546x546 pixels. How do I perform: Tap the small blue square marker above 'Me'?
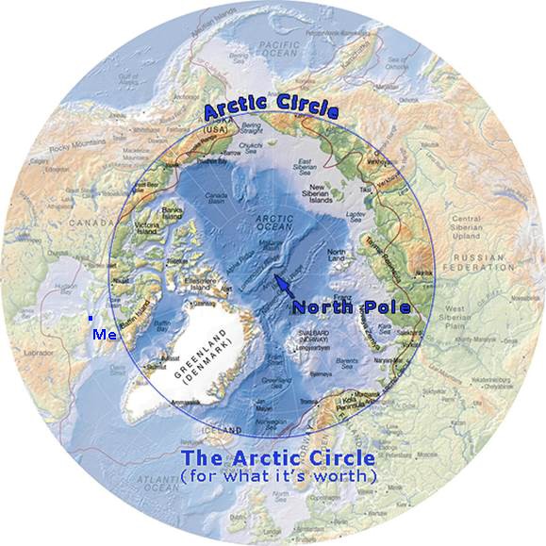(x=91, y=319)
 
